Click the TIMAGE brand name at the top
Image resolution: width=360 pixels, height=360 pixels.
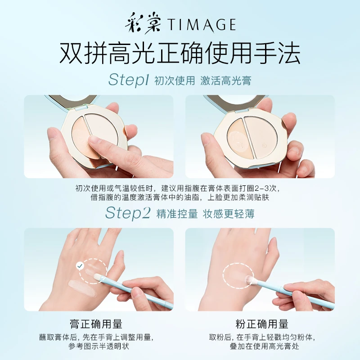click(201, 25)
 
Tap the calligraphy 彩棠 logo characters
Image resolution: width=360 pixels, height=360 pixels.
click(143, 24)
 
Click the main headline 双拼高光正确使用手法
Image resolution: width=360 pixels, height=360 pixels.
click(180, 54)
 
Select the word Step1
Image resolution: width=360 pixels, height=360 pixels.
click(129, 80)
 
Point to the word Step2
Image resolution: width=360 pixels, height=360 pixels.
click(128, 213)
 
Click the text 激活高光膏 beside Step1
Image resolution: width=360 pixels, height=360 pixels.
click(226, 81)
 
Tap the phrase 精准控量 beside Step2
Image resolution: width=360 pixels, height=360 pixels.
click(177, 214)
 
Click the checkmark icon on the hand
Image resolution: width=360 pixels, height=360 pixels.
click(80, 266)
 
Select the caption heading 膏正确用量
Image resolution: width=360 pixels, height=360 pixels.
click(96, 324)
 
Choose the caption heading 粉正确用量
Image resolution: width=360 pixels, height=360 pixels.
click(262, 324)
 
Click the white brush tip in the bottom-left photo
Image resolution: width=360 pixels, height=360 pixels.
click(98, 277)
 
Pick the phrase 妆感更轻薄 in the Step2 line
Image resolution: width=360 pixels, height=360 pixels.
click(229, 214)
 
